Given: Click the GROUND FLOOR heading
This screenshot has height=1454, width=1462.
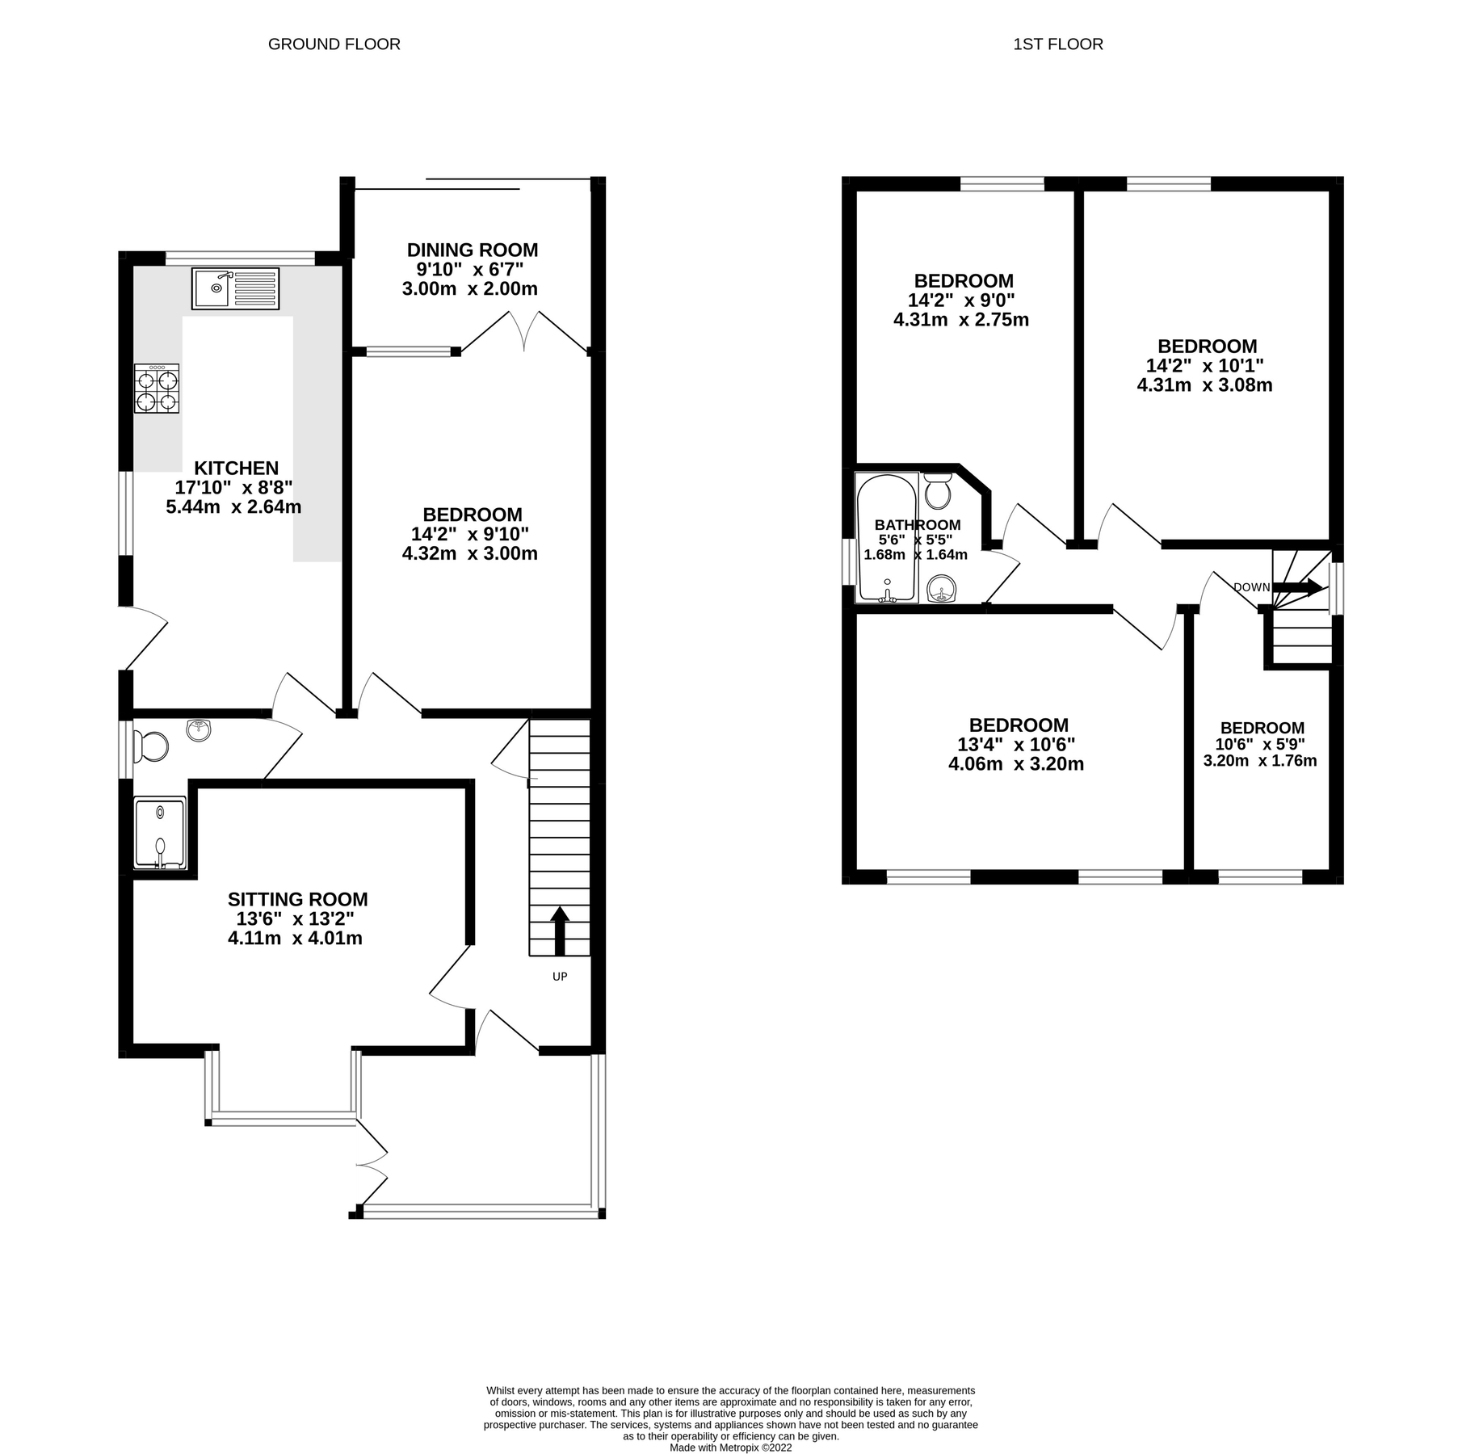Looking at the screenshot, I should tap(334, 44).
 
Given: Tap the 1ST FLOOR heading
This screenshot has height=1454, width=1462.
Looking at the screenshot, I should tap(1057, 44).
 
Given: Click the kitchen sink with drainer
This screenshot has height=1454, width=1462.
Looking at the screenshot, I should tap(235, 288).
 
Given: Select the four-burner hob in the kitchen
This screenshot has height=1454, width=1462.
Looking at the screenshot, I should tap(157, 389).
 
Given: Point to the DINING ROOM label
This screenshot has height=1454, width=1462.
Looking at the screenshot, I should tap(472, 250).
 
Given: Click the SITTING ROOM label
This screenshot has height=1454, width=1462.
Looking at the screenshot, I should tap(297, 899).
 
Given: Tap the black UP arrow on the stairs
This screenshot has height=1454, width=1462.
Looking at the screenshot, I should tap(559, 930).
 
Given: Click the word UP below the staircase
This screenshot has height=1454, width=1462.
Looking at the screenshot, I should tap(560, 977).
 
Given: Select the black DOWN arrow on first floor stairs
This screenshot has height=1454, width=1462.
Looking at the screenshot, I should tap(1299, 587).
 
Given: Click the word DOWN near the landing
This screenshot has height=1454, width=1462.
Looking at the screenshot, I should tap(1251, 587).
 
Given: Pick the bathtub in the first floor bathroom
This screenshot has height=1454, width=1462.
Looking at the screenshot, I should tap(887, 537).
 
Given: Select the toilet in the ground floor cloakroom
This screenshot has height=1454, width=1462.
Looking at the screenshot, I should tap(151, 746).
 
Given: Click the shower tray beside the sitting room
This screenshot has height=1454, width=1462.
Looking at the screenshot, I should tap(160, 834).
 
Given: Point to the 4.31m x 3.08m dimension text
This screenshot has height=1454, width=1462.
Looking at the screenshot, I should tap(1204, 385).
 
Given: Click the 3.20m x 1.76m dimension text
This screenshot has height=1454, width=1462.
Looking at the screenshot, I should tap(1260, 761).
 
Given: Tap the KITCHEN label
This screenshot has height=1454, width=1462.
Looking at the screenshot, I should tap(236, 469).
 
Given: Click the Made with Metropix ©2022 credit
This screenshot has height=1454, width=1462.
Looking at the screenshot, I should tap(730, 1448).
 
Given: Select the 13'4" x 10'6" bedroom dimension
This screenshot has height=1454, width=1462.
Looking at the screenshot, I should tap(1016, 745).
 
